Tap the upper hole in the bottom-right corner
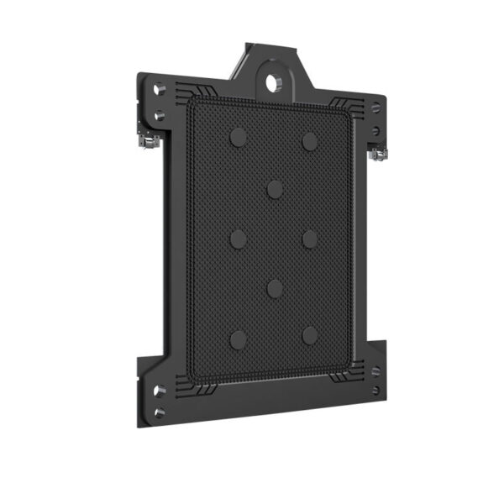point(375,370)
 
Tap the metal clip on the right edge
point(380,153)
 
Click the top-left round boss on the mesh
point(239,137)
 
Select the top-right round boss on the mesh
point(310,141)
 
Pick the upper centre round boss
point(275,188)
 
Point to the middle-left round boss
point(239,239)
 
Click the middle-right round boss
point(310,239)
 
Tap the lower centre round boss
point(275,288)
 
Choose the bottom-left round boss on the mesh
point(239,339)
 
